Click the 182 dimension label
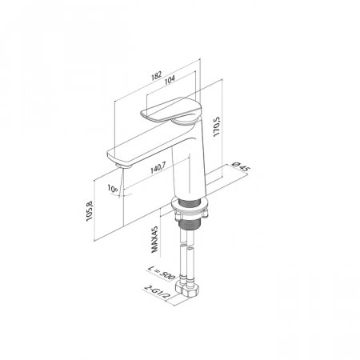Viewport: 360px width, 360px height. coord(157,75)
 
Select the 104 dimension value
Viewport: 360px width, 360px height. coord(170,80)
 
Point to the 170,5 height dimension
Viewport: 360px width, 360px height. coord(216,126)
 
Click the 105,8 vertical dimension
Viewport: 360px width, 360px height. coord(90,210)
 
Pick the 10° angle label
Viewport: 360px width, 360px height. coord(113,188)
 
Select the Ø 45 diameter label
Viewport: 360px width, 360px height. coord(241,166)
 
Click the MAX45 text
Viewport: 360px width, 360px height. coord(154,239)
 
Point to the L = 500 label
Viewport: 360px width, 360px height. coord(161,273)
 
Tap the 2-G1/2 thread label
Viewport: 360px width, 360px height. coord(157,292)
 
